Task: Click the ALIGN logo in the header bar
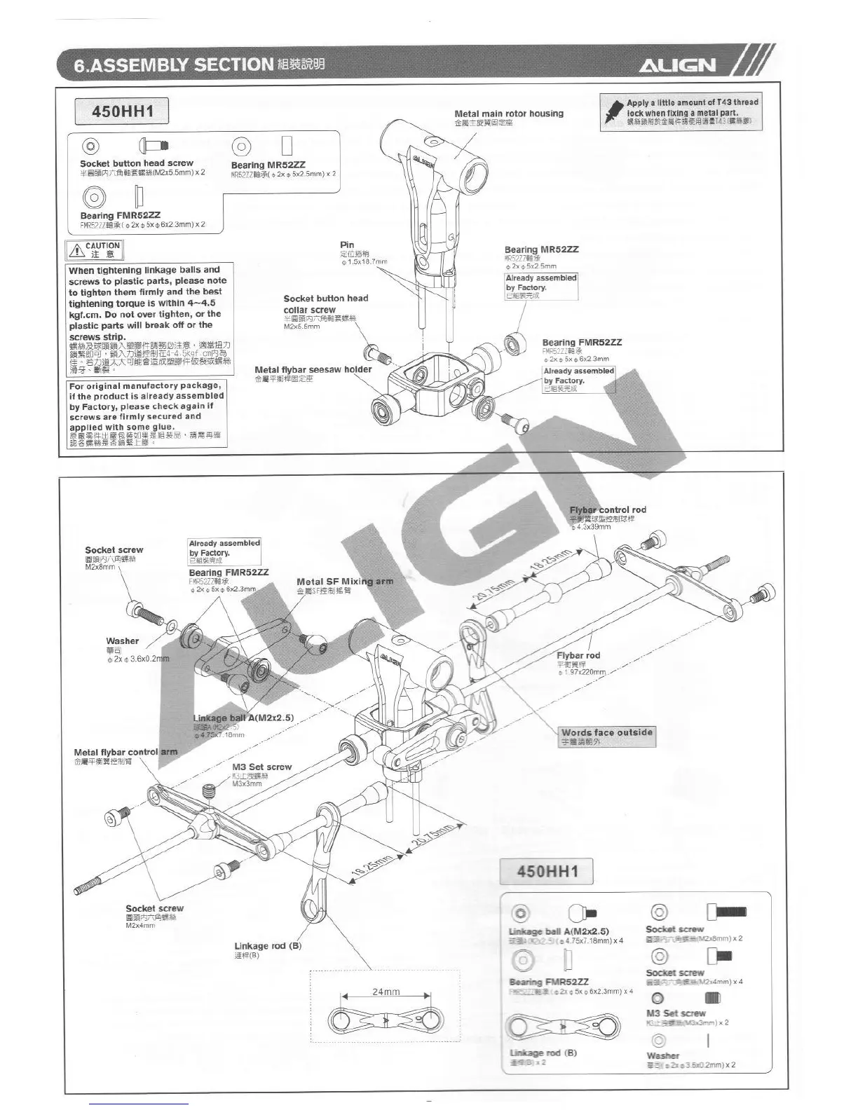(676, 65)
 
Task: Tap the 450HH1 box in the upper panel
(122, 111)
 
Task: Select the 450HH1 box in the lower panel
(547, 872)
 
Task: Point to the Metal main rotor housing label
(508, 114)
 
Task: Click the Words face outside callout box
(607, 732)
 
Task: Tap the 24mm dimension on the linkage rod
(386, 992)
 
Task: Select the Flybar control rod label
(608, 510)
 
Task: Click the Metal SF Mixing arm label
(345, 582)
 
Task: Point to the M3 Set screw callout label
(261, 767)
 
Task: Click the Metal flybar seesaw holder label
(313, 369)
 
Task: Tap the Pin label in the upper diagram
(347, 245)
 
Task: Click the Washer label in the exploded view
(123, 640)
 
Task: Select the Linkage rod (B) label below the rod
(268, 946)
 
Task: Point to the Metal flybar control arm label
(125, 752)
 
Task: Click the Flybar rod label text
(578, 655)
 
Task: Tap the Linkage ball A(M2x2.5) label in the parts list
(559, 931)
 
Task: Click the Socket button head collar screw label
(325, 303)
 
